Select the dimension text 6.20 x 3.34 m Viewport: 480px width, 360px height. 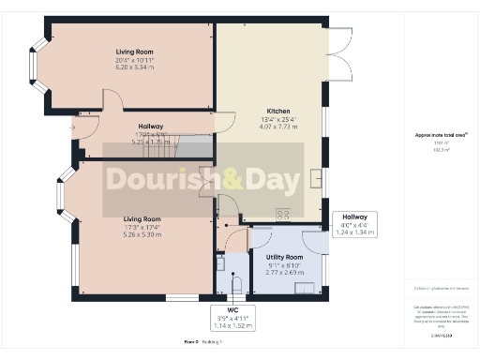tap(135, 67)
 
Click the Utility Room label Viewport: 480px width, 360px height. tap(284, 257)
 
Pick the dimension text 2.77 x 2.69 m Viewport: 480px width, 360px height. tap(284, 273)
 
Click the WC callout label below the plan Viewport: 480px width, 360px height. tap(222, 308)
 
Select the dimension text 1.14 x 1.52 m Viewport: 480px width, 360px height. tap(222, 324)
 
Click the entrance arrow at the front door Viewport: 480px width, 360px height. tap(73, 127)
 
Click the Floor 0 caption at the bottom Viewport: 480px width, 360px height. tap(192, 344)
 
